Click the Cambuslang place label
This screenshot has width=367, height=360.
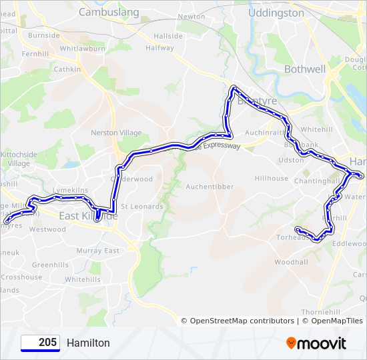pos(109,12)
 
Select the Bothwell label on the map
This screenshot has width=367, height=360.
pos(304,69)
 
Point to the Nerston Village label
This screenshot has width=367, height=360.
pos(117,133)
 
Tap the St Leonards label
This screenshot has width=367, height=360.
pos(141,207)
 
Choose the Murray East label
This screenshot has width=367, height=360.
pos(97,251)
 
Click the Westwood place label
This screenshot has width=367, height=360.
pos(47,229)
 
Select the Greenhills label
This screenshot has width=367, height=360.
pos(51,265)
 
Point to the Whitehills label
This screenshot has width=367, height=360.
pos(83,279)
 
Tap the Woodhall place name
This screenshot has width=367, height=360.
pos(291,262)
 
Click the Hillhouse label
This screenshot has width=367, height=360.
pos(271,179)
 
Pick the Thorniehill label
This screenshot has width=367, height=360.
pos(321,312)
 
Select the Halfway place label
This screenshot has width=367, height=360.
pos(159,48)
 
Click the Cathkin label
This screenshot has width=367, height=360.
pos(67,69)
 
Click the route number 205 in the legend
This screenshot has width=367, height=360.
pos(47,343)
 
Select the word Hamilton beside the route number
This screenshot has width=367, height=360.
pos(88,343)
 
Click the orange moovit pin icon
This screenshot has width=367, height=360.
pos(291,343)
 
